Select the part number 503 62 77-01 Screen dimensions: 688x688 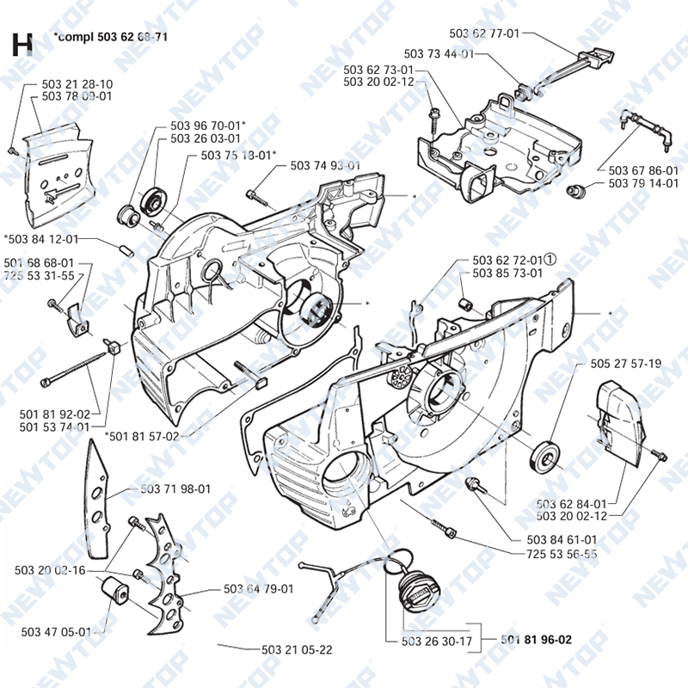click(485, 33)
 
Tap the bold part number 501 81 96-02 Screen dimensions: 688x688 click(537, 639)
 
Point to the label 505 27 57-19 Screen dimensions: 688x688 click(626, 364)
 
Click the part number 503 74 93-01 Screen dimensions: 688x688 click(325, 165)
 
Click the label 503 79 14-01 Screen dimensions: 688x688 click(643, 183)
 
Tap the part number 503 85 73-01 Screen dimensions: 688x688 click(507, 273)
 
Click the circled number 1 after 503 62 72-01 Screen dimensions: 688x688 click(551, 259)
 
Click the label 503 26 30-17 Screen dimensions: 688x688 click(437, 641)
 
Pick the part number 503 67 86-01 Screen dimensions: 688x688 click(643, 170)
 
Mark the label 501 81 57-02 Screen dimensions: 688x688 click(143, 436)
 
